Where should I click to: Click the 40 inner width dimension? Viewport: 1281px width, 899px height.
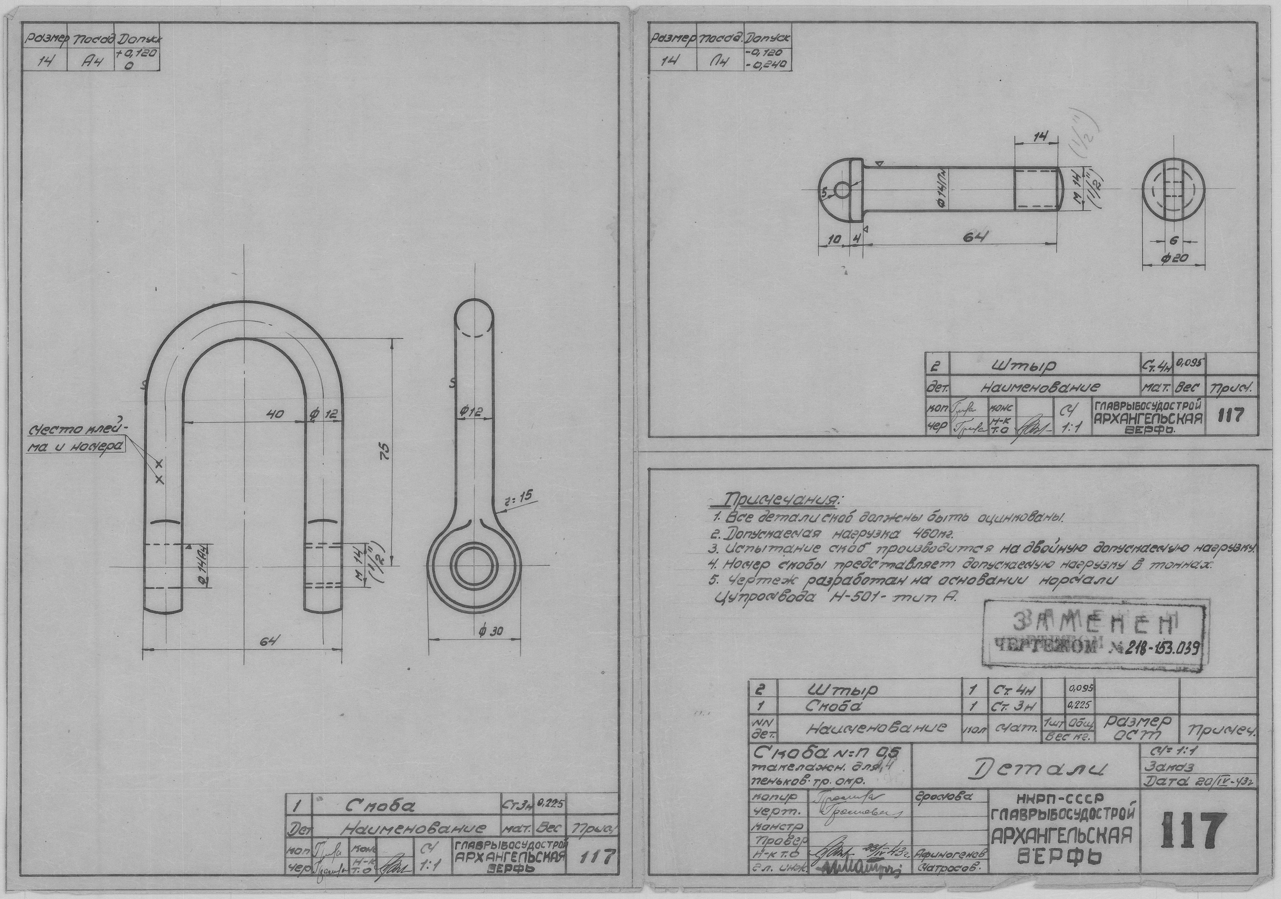276,414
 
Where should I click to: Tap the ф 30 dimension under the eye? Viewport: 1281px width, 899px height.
491,631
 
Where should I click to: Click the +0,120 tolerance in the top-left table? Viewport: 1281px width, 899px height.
137,54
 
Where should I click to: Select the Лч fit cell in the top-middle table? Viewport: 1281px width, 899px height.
720,62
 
